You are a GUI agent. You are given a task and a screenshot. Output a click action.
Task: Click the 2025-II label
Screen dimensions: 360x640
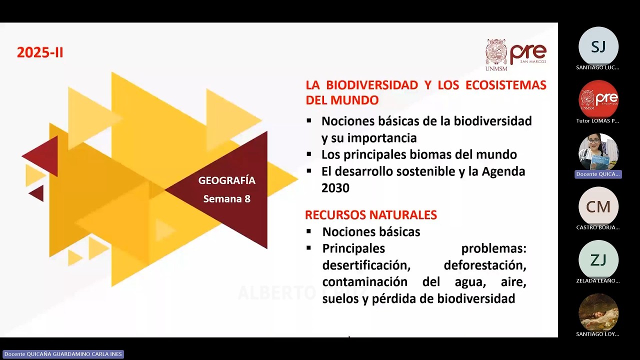coord(40,52)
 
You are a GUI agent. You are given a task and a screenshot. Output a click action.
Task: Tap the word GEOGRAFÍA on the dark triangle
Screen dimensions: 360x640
coord(226,180)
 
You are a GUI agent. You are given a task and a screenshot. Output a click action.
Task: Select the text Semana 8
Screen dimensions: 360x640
coord(226,198)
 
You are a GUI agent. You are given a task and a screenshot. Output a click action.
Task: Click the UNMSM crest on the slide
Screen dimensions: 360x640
coord(496,52)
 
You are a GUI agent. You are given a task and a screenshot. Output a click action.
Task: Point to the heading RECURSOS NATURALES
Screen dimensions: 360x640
coord(371,215)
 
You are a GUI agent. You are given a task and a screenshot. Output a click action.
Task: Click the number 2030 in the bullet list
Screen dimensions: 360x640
coord(335,188)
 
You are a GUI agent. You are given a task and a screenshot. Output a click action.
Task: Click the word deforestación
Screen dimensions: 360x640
coord(484,265)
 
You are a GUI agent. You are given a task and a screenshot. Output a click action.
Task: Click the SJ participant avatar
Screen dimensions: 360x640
coord(598,46)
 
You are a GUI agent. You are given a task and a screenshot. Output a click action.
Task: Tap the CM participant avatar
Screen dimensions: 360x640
coord(598,207)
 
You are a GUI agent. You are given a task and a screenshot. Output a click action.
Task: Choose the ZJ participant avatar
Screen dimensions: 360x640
coord(598,260)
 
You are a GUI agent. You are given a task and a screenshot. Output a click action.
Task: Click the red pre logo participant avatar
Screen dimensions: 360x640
coord(598,100)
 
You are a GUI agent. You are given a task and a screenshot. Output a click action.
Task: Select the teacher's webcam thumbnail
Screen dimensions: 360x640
coord(598,153)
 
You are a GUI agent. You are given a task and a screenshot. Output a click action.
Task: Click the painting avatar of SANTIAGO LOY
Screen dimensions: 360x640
coord(598,313)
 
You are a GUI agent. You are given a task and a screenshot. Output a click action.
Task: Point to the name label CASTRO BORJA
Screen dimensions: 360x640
coord(598,227)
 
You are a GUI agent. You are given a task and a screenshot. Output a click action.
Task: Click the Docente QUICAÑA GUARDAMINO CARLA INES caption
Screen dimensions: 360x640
coord(63,354)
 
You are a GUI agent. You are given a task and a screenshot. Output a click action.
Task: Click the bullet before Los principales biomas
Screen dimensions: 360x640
coord(309,154)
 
